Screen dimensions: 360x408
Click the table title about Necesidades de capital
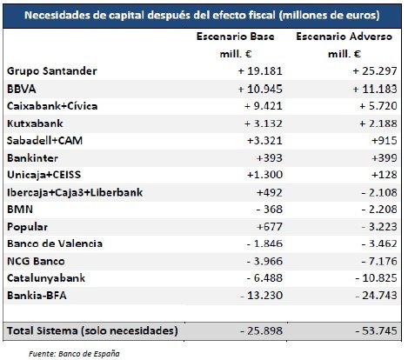pyautogui.click(x=202, y=16)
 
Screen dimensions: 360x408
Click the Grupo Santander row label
pyautogui.click(x=50, y=70)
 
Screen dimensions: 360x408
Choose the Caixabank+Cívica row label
pyautogui.click(x=55, y=105)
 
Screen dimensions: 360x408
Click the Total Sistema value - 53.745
pyautogui.click(x=368, y=331)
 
